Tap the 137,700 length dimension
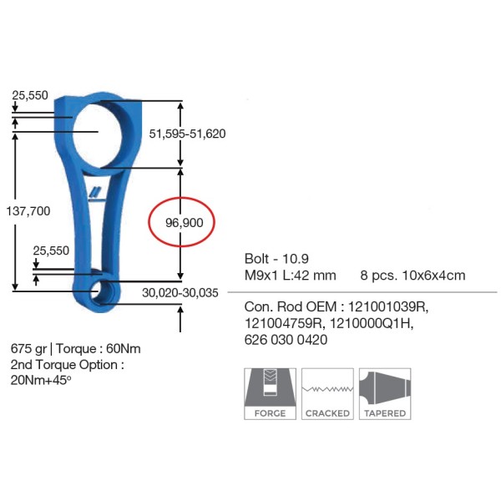click(x=28, y=211)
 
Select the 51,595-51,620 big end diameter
click(x=187, y=133)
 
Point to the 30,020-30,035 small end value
click(x=180, y=292)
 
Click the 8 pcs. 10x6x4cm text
click(x=412, y=275)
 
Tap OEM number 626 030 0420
click(x=286, y=340)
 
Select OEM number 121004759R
click(x=285, y=324)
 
